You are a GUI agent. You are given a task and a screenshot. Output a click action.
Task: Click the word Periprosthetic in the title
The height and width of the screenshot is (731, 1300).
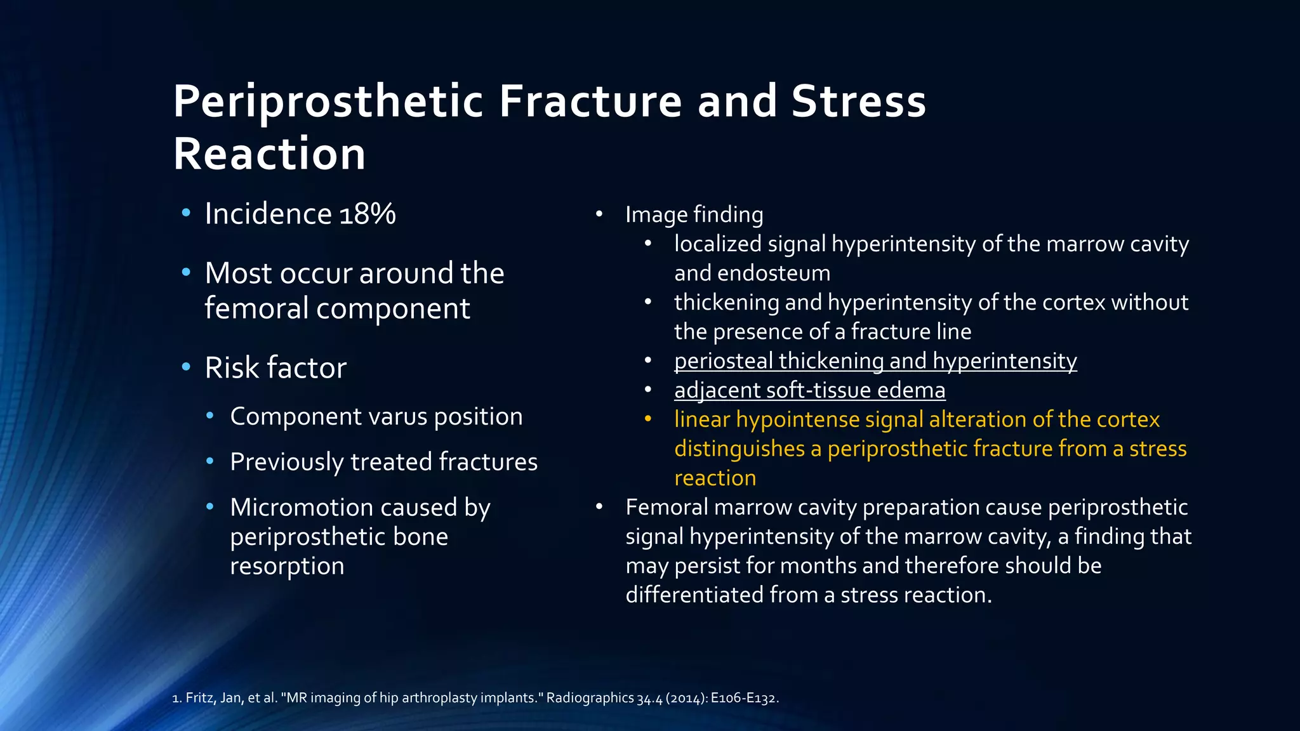pyautogui.click(x=328, y=102)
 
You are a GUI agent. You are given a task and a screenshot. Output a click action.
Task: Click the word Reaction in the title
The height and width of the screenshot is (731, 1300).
pyautogui.click(x=269, y=154)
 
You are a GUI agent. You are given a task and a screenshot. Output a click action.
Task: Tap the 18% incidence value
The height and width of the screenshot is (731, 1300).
pyautogui.click(x=368, y=214)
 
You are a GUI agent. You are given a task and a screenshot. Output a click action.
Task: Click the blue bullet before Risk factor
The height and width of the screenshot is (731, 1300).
pyautogui.click(x=186, y=367)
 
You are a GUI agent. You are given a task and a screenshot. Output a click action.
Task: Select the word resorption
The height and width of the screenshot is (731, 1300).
pyautogui.click(x=287, y=566)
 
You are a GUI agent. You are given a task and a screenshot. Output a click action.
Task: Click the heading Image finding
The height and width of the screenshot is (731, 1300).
pyautogui.click(x=694, y=214)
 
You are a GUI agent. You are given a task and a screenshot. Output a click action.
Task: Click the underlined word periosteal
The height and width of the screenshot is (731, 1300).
pyautogui.click(x=723, y=361)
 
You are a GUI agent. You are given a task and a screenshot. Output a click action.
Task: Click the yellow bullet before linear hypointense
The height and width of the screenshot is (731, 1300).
pyautogui.click(x=648, y=419)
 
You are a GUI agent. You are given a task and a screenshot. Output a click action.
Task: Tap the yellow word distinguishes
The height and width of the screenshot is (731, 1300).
pyautogui.click(x=740, y=449)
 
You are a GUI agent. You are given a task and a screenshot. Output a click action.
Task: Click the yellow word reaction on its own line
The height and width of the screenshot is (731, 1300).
pyautogui.click(x=715, y=478)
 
